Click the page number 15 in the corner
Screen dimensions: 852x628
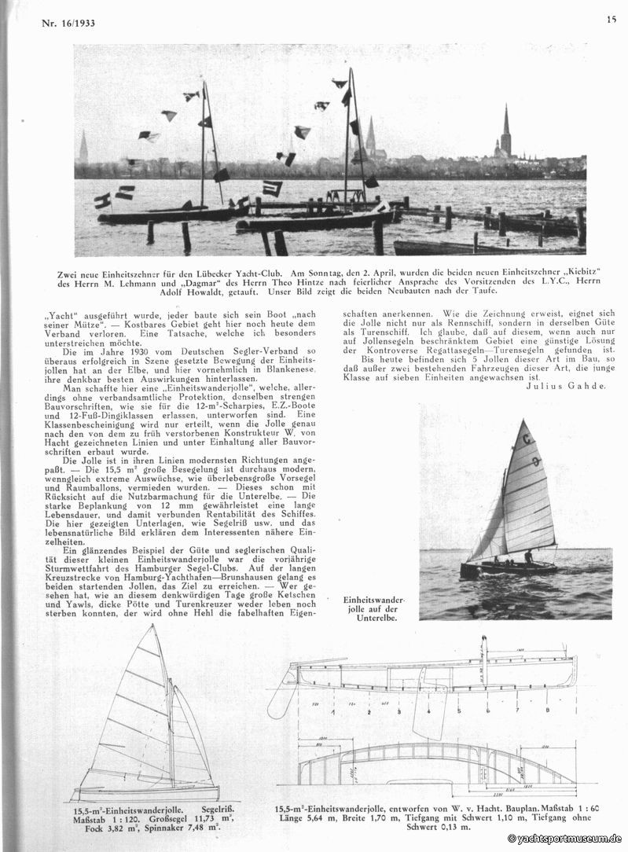tap(611, 20)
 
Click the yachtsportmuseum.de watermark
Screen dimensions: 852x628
tap(565, 839)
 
